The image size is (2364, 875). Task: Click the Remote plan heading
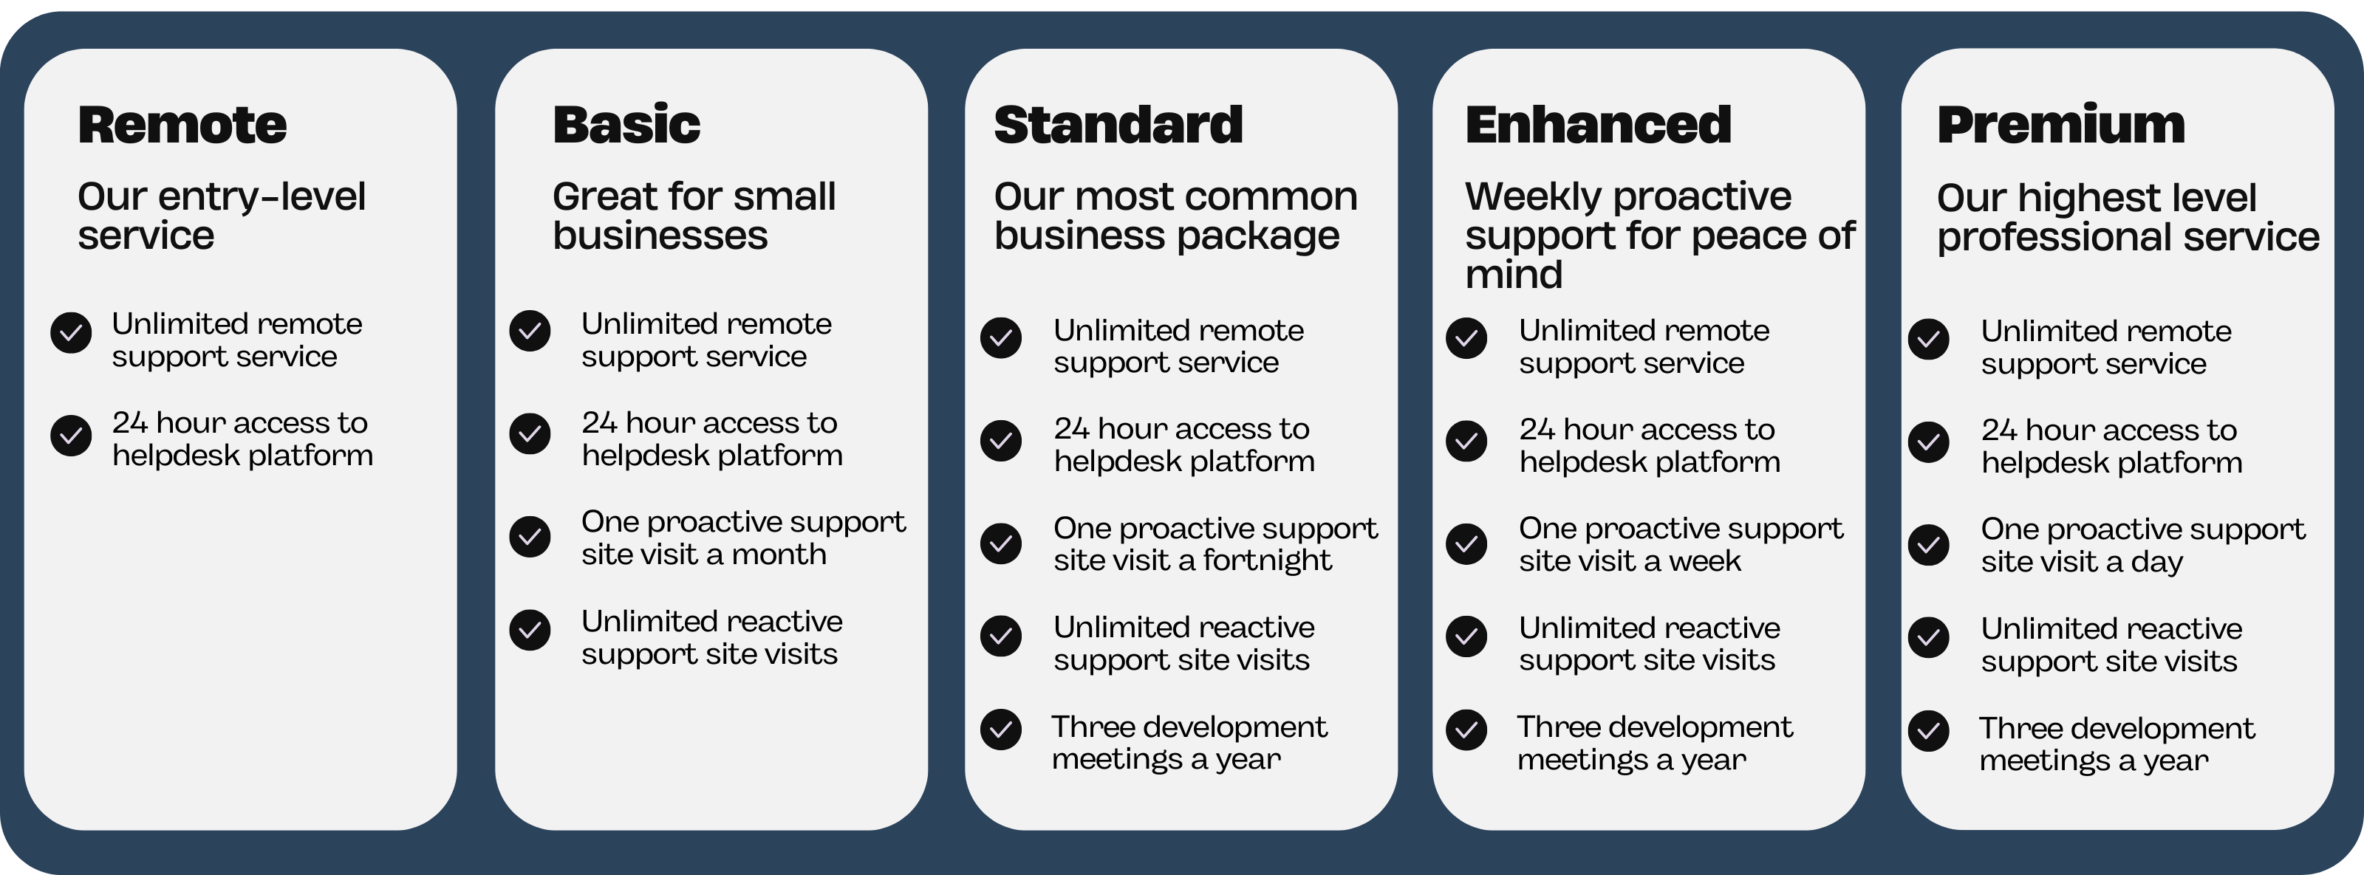click(x=182, y=125)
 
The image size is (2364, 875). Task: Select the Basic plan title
click(x=626, y=125)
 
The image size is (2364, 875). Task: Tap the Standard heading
click(x=1118, y=125)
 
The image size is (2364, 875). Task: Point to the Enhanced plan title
click(x=1598, y=125)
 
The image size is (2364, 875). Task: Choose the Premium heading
click(x=2060, y=125)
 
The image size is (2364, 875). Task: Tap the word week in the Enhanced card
click(x=1704, y=560)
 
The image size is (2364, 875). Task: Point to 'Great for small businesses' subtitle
click(x=694, y=216)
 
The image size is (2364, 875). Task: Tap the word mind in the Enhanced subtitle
click(x=1513, y=274)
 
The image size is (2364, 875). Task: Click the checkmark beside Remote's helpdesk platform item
click(x=71, y=436)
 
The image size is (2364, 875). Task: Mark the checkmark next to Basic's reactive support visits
click(x=530, y=630)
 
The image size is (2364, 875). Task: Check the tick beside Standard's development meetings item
click(x=1000, y=730)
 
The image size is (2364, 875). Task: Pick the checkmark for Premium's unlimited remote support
click(x=1928, y=340)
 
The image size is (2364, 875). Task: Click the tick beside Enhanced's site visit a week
click(x=1466, y=544)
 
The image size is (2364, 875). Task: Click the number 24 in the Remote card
click(x=129, y=423)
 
